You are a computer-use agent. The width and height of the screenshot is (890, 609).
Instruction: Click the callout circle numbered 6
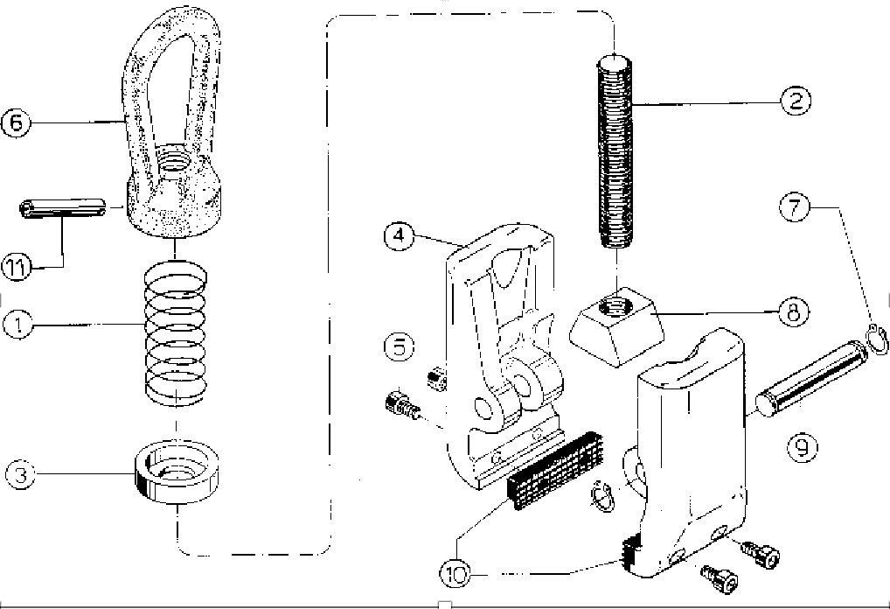(x=17, y=122)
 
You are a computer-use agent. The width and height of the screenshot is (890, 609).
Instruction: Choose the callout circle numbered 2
(x=795, y=100)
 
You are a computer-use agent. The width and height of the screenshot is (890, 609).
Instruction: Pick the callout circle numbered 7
(x=795, y=208)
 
